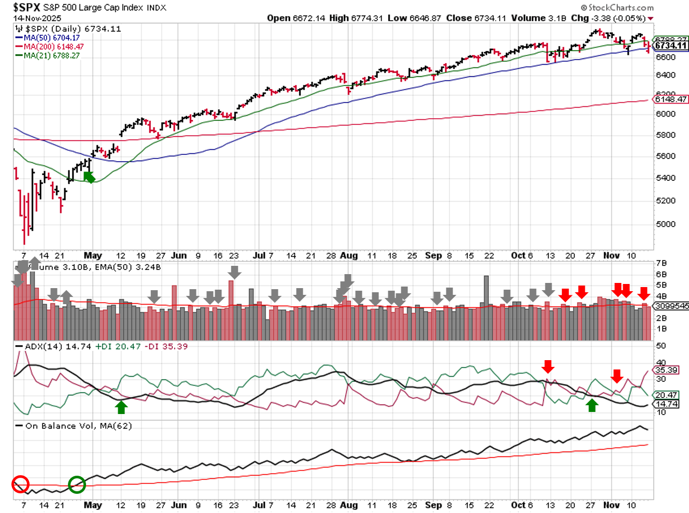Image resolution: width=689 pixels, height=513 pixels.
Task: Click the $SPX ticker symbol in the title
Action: tap(26, 7)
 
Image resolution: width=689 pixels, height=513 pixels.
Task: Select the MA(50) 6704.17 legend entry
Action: tap(51, 38)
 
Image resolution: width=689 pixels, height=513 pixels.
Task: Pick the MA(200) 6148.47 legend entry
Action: tap(53, 47)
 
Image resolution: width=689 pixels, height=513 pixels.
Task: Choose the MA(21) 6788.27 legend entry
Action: tap(51, 55)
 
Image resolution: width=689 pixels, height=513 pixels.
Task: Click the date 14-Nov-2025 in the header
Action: tap(37, 18)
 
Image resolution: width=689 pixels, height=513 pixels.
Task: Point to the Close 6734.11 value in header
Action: tap(476, 18)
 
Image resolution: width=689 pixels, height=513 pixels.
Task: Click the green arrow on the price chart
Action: tap(89, 177)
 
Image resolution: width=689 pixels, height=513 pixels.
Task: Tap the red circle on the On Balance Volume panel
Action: tap(20, 484)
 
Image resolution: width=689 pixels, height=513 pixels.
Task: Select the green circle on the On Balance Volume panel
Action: tap(77, 484)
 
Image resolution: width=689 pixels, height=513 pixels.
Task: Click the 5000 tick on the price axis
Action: tap(666, 224)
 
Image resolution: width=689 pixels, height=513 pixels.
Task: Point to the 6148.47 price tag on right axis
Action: tap(670, 99)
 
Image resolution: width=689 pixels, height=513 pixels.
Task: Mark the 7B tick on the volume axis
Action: tap(661, 263)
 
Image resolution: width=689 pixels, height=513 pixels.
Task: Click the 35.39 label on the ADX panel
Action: tap(666, 370)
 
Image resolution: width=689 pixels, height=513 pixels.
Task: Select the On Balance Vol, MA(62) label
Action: tap(78, 426)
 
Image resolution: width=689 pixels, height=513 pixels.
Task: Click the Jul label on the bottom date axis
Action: tap(259, 505)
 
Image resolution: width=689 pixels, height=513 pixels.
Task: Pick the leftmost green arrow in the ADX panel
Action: tap(121, 407)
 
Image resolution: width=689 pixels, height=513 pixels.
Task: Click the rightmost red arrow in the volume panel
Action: tap(643, 293)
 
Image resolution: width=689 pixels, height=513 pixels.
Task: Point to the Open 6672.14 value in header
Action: tap(296, 18)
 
